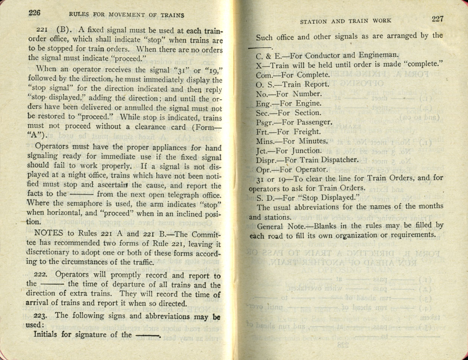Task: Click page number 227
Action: (x=437, y=19)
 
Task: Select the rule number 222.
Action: (x=40, y=275)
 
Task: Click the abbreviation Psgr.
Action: (x=265, y=122)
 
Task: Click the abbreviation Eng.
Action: (x=263, y=104)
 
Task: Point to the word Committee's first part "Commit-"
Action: (x=205, y=234)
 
